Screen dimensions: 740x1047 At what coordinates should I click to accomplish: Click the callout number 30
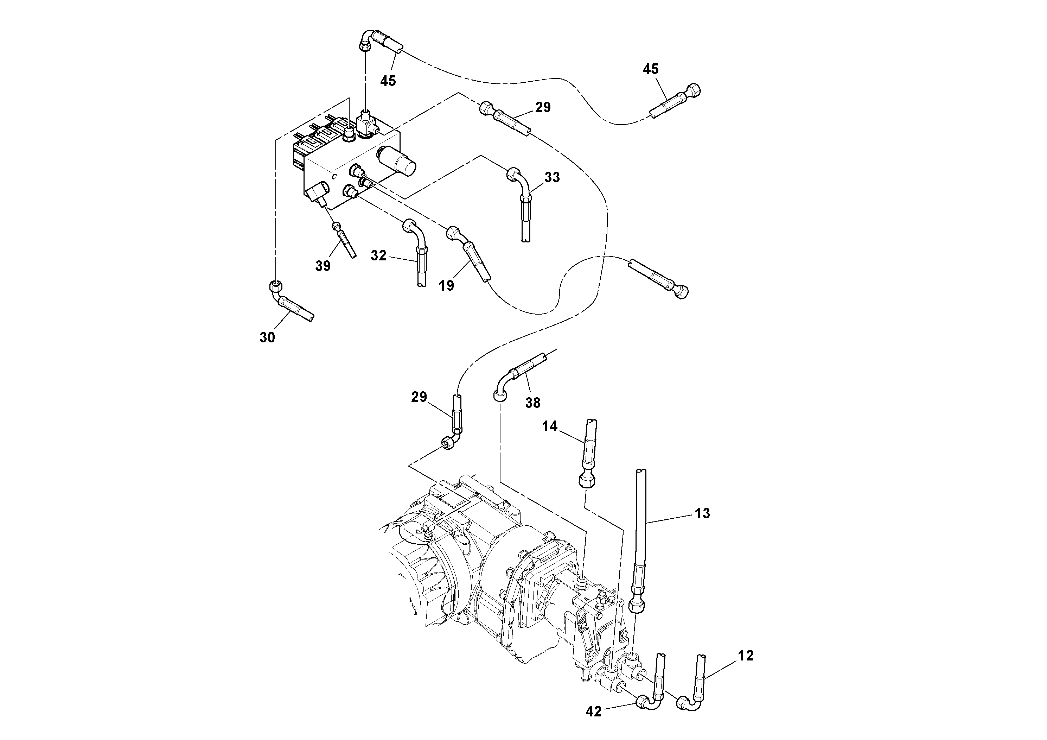pyautogui.click(x=267, y=337)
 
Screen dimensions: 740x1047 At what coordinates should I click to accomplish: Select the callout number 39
pyautogui.click(x=323, y=266)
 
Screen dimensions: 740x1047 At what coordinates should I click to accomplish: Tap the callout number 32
pyautogui.click(x=378, y=255)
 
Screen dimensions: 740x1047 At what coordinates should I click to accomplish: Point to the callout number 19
pyautogui.click(x=446, y=286)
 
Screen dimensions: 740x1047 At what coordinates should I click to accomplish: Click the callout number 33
pyautogui.click(x=552, y=177)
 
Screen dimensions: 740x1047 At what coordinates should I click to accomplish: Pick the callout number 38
pyautogui.click(x=532, y=403)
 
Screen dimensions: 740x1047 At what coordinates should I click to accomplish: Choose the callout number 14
pyautogui.click(x=550, y=426)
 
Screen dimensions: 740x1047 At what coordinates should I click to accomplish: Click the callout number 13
pyautogui.click(x=703, y=513)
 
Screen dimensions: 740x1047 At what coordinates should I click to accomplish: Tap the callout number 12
pyautogui.click(x=746, y=656)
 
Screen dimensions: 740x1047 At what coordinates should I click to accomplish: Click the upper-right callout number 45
pyautogui.click(x=651, y=69)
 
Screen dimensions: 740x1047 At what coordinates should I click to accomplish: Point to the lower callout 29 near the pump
pyautogui.click(x=419, y=397)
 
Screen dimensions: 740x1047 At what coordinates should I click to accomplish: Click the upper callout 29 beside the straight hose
pyautogui.click(x=543, y=107)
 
